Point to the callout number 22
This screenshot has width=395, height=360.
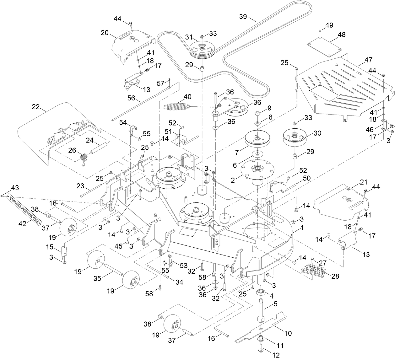36,107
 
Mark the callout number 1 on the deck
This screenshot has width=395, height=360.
302,228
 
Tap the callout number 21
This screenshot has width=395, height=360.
354,182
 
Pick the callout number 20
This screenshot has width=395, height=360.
104,32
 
